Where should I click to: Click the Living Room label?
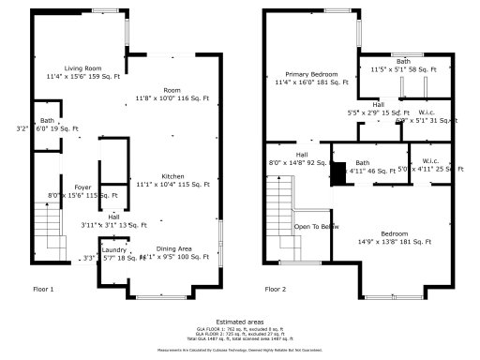tap(82, 67)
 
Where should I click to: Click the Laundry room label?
tap(114, 250)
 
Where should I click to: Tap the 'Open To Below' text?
tap(316, 227)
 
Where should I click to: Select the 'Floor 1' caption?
tap(43, 289)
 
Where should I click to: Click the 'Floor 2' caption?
tap(276, 289)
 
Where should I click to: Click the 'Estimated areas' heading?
tap(240, 321)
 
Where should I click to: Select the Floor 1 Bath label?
tap(47, 121)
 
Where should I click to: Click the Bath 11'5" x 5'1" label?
tap(403, 63)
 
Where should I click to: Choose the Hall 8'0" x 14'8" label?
tap(302, 155)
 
